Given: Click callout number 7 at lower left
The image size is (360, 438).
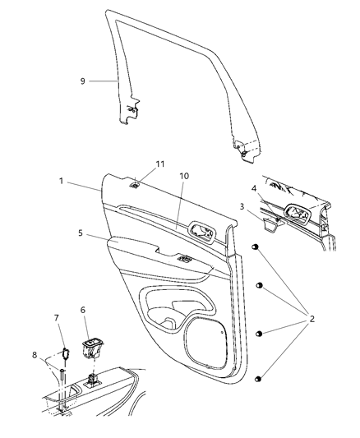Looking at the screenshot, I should (56, 318).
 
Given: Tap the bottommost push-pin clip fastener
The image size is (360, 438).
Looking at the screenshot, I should (259, 378).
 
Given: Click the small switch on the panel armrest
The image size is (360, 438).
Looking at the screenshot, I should (182, 260).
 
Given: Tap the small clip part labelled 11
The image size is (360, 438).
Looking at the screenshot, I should (133, 184).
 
